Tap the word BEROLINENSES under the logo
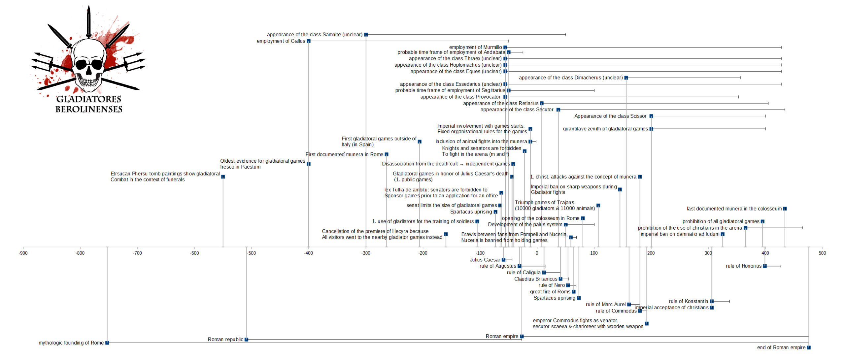click(89, 109)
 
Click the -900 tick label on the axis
click(23, 253)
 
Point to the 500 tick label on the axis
click(822, 253)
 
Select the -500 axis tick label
click(251, 253)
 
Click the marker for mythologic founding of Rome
click(107, 343)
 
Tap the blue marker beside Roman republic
click(246, 340)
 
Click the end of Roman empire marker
click(809, 347)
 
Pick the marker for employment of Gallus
click(309, 41)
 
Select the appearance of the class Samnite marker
click(366, 35)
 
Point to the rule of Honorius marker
click(765, 266)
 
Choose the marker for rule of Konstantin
click(712, 301)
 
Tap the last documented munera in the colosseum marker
click(785, 209)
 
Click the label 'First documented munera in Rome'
click(344, 154)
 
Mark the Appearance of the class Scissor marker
click(651, 116)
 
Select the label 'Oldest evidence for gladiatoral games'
click(263, 161)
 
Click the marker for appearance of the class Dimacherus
click(626, 78)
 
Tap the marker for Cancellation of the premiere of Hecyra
click(446, 234)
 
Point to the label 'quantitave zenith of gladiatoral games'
click(605, 129)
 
